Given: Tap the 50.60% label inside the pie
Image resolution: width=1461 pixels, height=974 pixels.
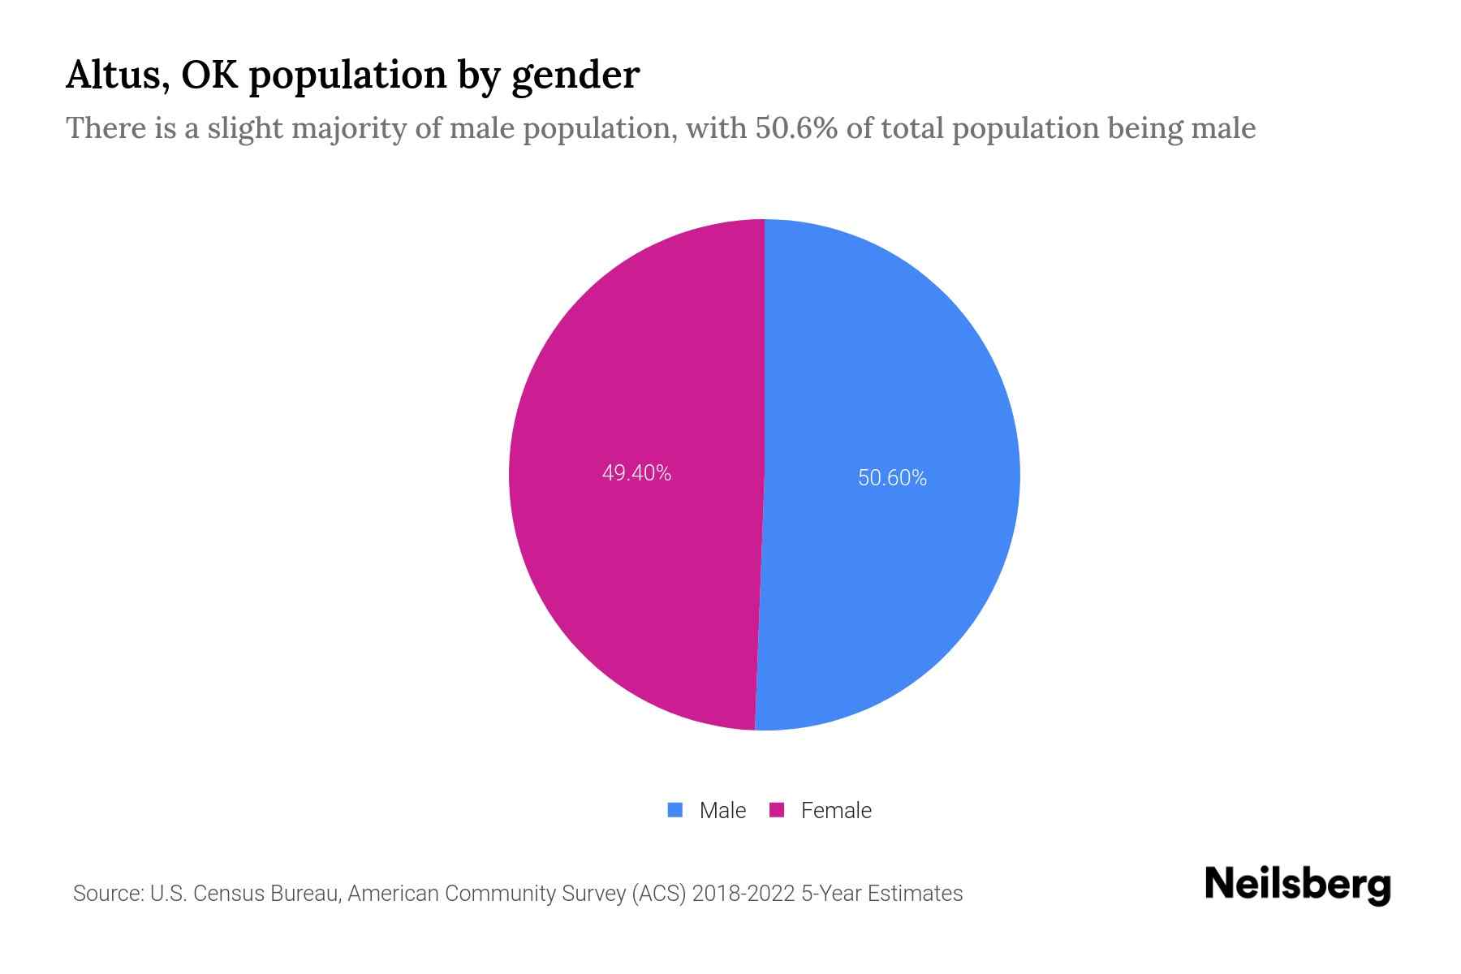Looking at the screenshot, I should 892,478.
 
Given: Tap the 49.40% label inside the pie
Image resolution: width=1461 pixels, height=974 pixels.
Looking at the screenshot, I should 636,473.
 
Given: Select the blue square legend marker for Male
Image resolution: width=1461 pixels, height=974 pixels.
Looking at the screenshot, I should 674,810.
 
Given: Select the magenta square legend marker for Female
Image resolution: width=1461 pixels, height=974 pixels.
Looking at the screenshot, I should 777,810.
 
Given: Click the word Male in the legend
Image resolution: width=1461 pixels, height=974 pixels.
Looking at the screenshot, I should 722,811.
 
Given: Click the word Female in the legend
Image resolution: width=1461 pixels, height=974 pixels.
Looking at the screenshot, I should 836,811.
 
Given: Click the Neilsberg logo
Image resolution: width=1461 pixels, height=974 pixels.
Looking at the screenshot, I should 1297,885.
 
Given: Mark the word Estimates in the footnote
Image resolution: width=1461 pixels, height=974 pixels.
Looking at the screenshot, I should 915,894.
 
